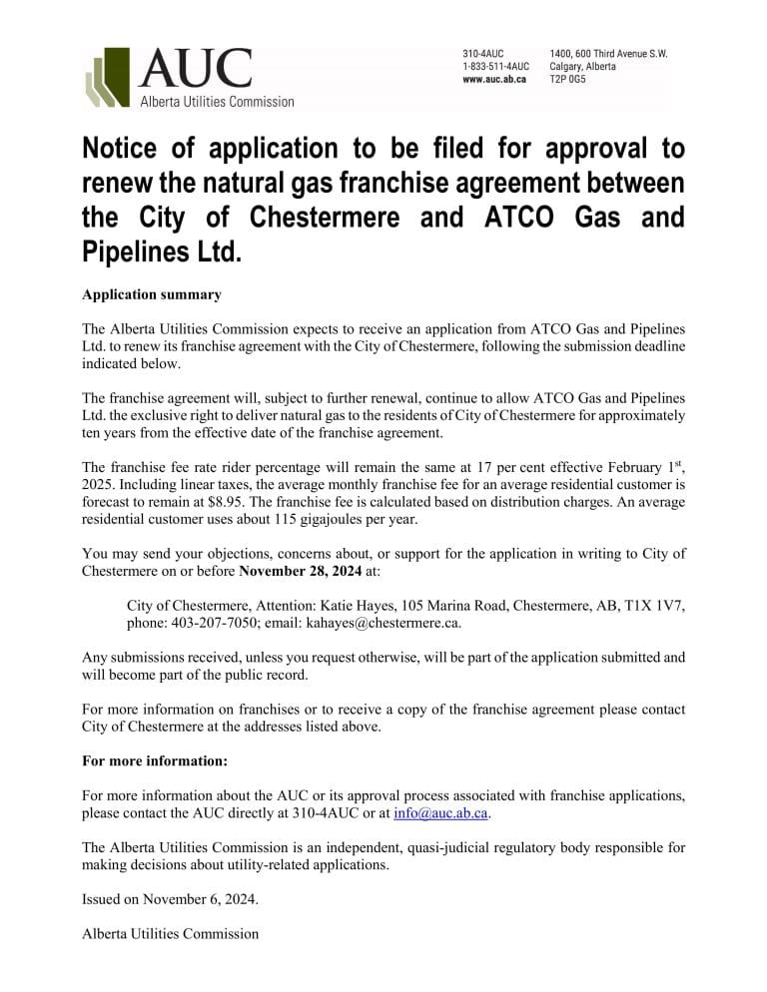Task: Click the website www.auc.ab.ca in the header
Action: [494, 80]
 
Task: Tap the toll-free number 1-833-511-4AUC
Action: [495, 67]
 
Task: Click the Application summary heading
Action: [152, 295]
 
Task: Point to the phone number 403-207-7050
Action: [218, 623]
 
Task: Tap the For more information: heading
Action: [155, 761]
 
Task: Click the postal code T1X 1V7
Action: [654, 606]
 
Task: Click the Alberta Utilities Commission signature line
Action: [170, 934]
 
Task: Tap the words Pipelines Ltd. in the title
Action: [162, 250]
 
